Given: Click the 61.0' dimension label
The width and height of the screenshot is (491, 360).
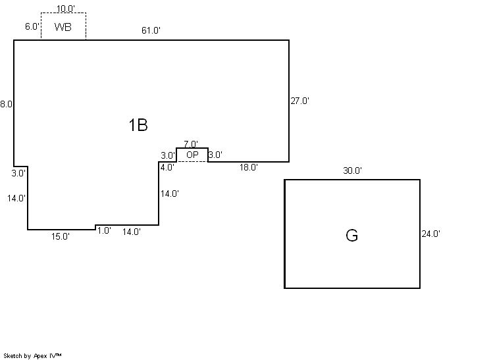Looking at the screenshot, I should point(151,30).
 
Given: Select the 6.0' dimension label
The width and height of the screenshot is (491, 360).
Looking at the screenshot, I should point(32,27).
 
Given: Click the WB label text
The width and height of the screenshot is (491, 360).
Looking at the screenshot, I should point(63,27).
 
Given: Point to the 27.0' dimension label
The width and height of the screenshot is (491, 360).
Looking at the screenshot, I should point(299,101).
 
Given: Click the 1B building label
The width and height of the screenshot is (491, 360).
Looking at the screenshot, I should point(138,125).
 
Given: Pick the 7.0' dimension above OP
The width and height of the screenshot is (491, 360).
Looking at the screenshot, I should point(191,144).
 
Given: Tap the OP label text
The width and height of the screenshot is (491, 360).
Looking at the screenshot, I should point(192,155).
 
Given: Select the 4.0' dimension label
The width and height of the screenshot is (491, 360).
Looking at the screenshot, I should point(167,167).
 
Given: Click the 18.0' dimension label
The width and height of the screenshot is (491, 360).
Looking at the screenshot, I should point(248,167).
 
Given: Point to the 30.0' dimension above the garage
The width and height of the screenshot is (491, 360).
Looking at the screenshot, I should point(352,170).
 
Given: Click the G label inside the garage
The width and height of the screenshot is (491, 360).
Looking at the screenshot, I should point(352,236).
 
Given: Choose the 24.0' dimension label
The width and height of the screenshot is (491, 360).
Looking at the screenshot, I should point(431,233).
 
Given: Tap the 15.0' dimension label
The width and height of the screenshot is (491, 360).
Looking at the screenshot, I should point(61,236).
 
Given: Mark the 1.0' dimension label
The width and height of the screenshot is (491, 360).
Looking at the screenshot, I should point(104,230).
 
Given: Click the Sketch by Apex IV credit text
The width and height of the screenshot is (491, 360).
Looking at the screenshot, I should point(33,355).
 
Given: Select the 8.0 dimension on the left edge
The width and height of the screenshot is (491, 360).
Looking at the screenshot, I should point(6,104).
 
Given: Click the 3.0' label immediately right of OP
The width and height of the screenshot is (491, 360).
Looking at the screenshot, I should point(215,155).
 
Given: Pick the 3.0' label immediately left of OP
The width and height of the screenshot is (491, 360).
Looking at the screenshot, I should point(168,155).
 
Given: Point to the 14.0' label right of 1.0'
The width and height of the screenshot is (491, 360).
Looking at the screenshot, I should point(132,232).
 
